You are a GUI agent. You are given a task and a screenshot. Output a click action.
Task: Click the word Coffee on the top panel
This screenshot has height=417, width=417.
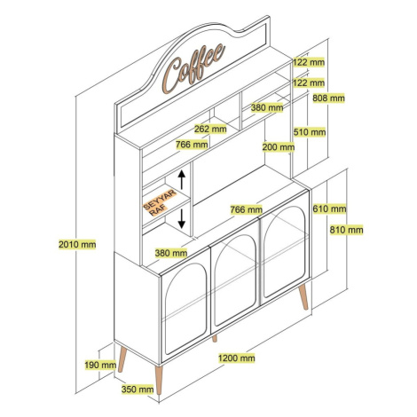[193, 68]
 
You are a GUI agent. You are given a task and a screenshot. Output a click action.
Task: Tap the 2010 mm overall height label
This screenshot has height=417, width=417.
[77, 244]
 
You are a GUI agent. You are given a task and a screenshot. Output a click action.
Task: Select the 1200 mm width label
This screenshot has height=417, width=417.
[237, 358]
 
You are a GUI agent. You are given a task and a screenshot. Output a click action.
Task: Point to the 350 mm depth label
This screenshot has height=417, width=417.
[138, 389]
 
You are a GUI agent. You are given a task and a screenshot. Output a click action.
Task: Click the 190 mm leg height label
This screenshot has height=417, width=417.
[100, 365]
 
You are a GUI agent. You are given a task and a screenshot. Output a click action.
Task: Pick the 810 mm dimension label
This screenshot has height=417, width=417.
[347, 230]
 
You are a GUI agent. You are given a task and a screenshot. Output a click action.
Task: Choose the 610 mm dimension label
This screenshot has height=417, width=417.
[329, 208]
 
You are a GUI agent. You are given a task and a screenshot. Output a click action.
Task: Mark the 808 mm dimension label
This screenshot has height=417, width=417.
[328, 98]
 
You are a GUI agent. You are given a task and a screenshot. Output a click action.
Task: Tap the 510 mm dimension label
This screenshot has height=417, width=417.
[310, 132]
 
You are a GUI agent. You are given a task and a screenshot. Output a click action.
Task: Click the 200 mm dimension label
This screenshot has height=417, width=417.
[279, 146]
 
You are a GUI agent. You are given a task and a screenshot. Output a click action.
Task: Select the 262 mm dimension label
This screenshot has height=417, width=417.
[210, 129]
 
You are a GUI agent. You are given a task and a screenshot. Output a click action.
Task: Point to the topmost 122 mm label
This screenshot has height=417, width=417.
[309, 62]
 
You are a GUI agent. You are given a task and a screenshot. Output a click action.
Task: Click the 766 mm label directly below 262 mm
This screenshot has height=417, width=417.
[192, 145]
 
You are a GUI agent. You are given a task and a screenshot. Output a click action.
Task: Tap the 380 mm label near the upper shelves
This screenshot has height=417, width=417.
[267, 107]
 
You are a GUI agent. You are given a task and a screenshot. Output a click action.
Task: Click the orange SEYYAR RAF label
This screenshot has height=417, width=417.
[160, 202]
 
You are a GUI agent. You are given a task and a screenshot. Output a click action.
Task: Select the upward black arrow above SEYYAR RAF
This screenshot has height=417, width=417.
[182, 180]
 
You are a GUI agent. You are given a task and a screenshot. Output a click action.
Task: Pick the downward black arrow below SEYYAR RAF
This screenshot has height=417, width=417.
[182, 218]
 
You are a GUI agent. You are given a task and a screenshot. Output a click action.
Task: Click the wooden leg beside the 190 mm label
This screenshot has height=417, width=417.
[122, 359]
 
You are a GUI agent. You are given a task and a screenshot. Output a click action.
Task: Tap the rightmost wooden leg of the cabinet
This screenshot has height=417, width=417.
[303, 297]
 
